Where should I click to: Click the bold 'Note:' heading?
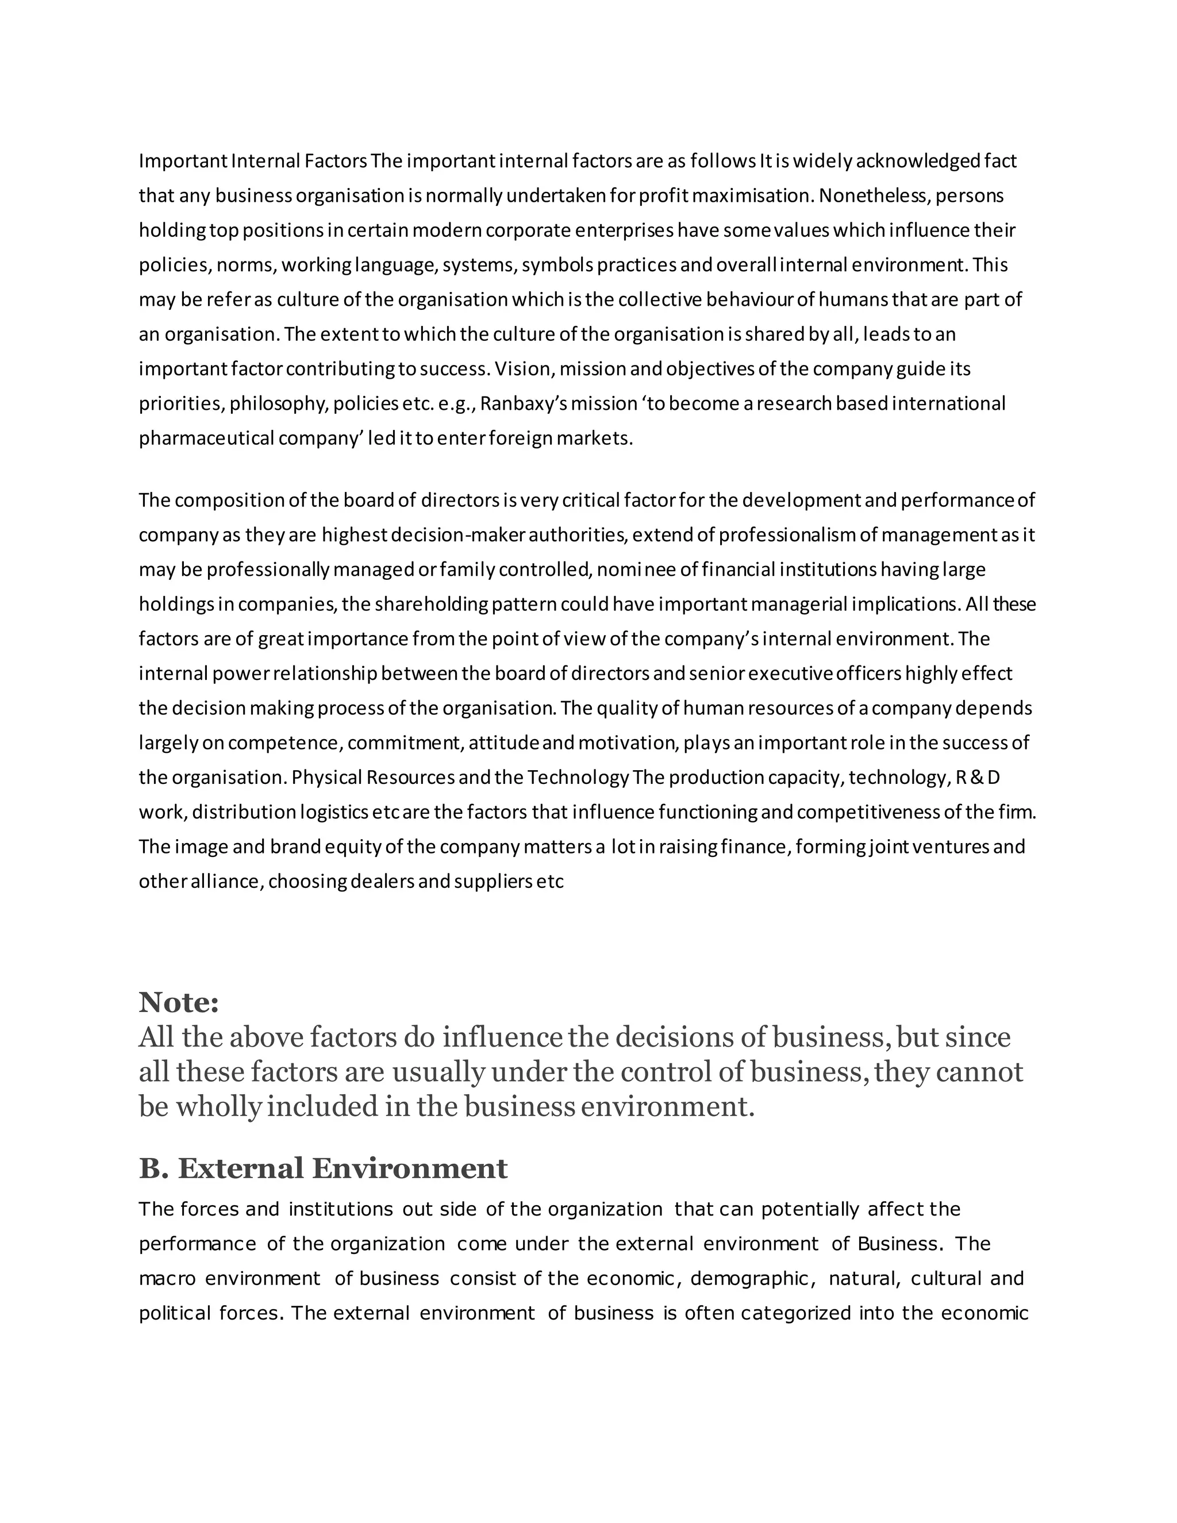pos(179,1003)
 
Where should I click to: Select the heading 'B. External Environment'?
pos(323,1168)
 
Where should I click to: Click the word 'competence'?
pos(284,743)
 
